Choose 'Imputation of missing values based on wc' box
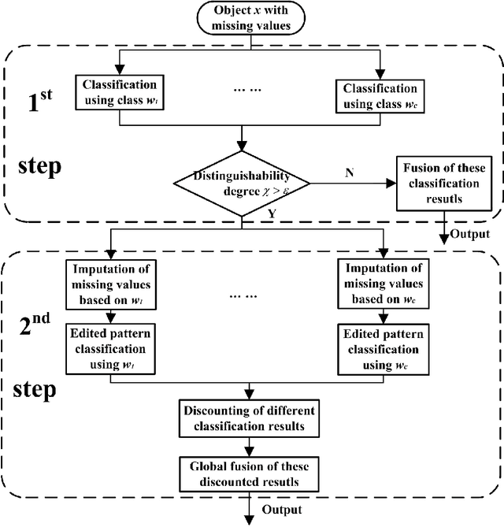tap(381, 278)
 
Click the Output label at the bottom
tap(280, 510)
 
